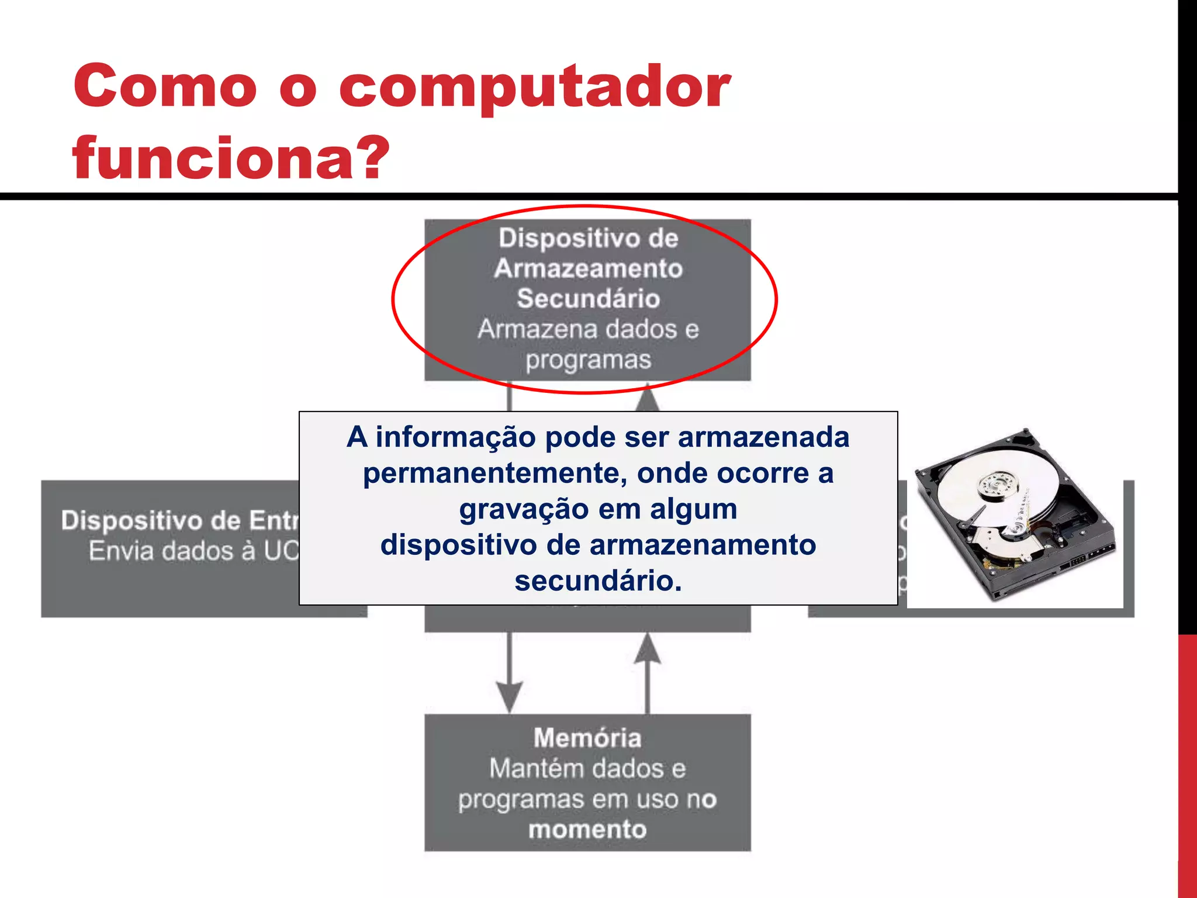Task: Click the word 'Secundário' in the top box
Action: [588, 299]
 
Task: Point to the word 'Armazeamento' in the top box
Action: [588, 269]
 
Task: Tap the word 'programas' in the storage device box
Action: [588, 360]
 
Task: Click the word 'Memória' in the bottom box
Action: [587, 738]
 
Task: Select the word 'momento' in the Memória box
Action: [587, 830]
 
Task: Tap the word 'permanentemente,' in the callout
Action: [495, 474]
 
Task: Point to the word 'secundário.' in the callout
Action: [598, 581]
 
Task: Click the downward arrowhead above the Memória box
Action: [510, 695]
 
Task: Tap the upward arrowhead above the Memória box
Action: [647, 649]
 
